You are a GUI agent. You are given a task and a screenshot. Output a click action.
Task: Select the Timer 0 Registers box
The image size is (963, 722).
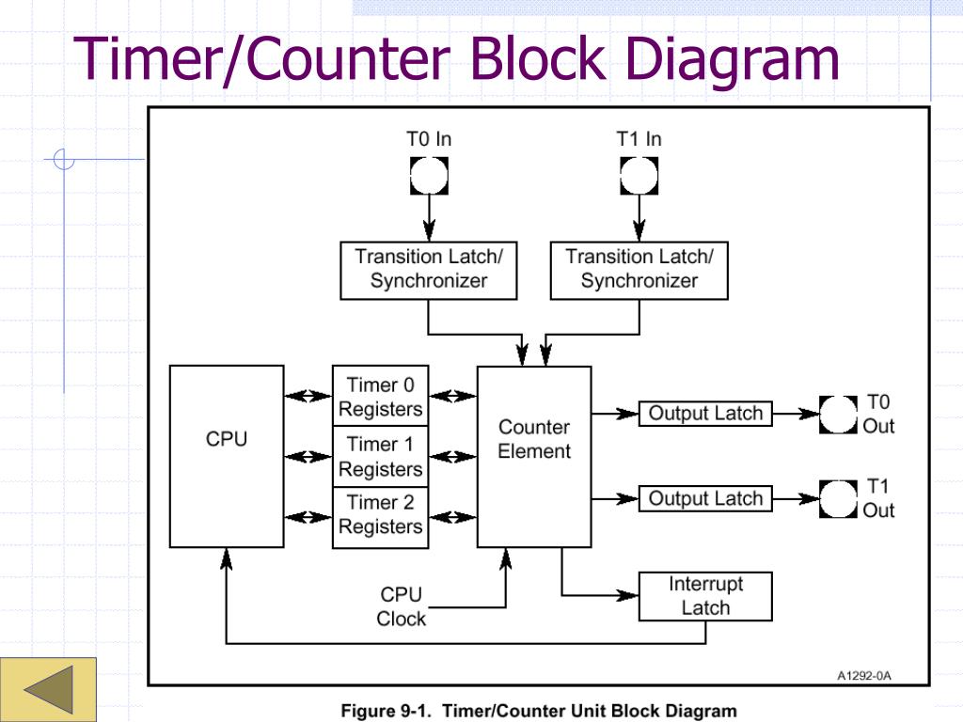pyautogui.click(x=380, y=397)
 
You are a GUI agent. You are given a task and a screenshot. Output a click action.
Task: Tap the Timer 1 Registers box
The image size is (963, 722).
pyautogui.click(x=380, y=456)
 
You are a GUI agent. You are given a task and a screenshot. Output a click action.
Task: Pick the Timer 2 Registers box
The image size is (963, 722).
pyautogui.click(x=380, y=515)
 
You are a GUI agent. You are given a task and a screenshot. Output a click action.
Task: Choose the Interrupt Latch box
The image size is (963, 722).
pyautogui.click(x=705, y=596)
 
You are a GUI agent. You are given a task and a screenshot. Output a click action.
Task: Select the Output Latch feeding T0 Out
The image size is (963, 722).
pyautogui.click(x=705, y=414)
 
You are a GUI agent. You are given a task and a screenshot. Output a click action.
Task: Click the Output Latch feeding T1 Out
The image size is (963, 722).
pyautogui.click(x=705, y=498)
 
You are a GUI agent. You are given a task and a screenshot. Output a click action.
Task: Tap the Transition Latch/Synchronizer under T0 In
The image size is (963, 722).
pyautogui.click(x=429, y=269)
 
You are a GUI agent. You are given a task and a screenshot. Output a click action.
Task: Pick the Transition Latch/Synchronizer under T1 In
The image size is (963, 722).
pyautogui.click(x=639, y=269)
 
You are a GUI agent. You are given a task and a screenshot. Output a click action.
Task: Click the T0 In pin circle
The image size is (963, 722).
pyautogui.click(x=429, y=175)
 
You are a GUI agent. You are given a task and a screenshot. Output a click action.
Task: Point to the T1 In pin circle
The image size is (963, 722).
pyautogui.click(x=639, y=175)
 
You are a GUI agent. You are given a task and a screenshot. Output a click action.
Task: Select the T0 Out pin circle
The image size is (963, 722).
pyautogui.click(x=839, y=414)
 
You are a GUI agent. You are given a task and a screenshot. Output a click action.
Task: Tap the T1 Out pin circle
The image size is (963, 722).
pyautogui.click(x=839, y=498)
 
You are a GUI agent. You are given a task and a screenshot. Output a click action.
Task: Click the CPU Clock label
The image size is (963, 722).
pyautogui.click(x=401, y=606)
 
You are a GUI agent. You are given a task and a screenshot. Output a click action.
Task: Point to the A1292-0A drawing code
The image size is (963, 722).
pyautogui.click(x=863, y=675)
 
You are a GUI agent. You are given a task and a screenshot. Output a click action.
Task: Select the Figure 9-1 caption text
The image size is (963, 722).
pyautogui.click(x=539, y=711)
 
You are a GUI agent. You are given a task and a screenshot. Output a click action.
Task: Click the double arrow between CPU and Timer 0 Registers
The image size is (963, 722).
pyautogui.click(x=308, y=397)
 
